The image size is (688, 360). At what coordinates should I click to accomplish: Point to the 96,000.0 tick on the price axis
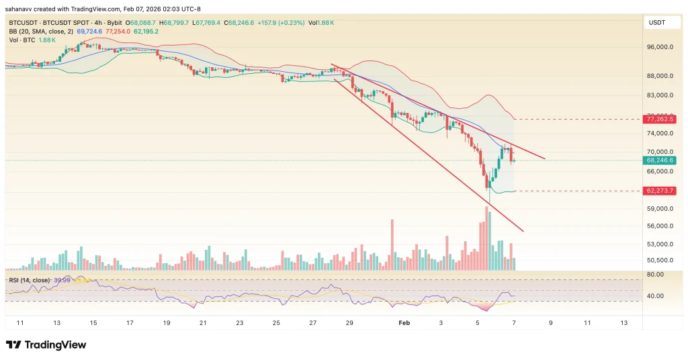tap(660, 48)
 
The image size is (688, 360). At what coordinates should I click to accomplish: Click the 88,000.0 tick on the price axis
tap(660, 75)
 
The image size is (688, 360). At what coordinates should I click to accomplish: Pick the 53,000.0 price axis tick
tap(660, 244)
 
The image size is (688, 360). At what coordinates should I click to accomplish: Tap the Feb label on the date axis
tap(404, 323)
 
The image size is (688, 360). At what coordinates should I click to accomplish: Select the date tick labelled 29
tap(349, 323)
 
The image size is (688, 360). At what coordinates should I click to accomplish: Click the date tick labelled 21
tap(203, 323)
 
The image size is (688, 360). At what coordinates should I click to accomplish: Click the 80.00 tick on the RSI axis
tap(655, 275)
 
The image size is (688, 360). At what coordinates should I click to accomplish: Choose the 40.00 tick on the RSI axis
tap(655, 296)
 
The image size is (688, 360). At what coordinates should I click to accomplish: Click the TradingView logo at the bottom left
tap(46, 345)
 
